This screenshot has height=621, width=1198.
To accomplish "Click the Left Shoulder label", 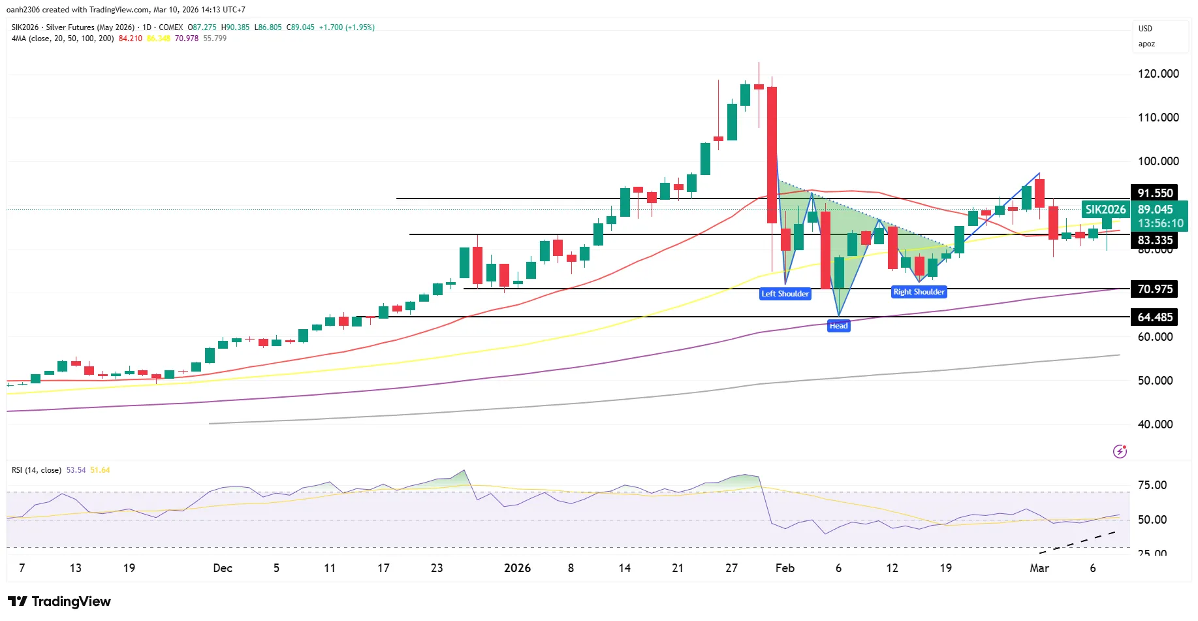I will coord(785,294).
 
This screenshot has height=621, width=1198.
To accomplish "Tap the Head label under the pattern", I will coord(838,326).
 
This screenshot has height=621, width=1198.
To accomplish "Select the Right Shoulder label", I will coord(919,292).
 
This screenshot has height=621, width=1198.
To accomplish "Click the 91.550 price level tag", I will coord(1155,193).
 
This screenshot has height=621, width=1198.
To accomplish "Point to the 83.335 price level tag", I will coord(1155,240).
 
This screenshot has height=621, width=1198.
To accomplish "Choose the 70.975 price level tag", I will coord(1155,289).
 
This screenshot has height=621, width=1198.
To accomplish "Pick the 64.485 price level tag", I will coord(1155,317).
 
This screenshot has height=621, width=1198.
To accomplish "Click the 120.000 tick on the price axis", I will coord(1158,74).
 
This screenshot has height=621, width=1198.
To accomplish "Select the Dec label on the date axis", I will coord(223,568).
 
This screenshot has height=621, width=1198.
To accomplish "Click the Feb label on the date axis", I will coord(785,568).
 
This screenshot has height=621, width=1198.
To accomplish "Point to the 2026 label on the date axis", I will coord(517,568).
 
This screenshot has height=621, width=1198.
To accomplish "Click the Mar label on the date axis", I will coord(1039,568).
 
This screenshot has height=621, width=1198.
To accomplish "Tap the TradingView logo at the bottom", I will coord(59,601).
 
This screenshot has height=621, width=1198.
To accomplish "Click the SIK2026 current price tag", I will coord(1105,210).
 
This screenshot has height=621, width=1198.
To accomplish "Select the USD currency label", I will coord(1145,29).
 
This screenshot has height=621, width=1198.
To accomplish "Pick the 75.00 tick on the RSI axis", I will coord(1152,485).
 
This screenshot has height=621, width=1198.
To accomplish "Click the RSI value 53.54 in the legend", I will coord(76,470).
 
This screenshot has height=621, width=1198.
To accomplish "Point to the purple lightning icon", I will coord(1120,451).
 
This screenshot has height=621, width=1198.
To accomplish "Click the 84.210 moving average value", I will coord(130,39).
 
